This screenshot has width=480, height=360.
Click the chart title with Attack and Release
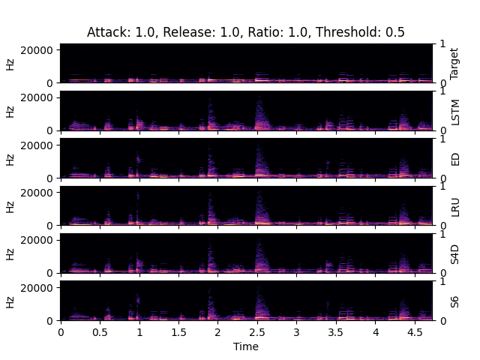coord(245,32)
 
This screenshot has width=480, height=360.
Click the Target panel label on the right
coord(454,64)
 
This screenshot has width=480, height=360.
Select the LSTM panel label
coord(454,111)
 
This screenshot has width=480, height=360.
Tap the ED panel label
coord(454,158)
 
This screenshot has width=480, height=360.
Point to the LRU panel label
coord(454,205)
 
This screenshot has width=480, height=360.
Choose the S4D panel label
coord(454,253)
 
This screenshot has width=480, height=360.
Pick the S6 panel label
coord(454,301)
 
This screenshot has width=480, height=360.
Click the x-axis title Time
coord(245,346)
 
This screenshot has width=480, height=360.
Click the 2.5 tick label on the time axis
coord(257,331)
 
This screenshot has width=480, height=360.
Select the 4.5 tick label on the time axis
coord(415,331)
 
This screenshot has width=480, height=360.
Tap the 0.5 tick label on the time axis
coord(100,331)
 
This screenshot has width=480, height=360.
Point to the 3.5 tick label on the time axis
coord(336,331)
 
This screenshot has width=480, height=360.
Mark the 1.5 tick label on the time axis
coord(178,331)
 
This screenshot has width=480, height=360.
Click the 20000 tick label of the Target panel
coord(39,49)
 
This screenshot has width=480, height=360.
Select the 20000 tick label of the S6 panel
coord(39,288)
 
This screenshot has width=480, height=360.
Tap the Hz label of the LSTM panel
coord(10,111)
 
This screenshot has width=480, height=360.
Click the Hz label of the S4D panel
coord(10,253)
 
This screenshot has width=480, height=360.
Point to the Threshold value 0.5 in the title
coord(396,32)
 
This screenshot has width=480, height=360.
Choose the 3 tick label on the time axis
coord(296,331)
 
